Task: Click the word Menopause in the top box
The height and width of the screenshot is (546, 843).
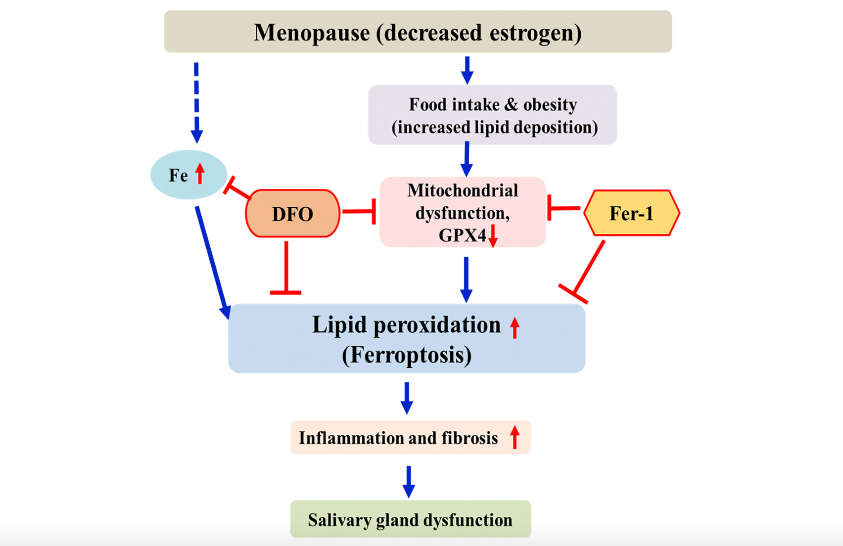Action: pos(312,33)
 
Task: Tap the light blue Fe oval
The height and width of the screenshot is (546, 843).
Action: pos(188,175)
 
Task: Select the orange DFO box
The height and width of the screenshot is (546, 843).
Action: pos(293,213)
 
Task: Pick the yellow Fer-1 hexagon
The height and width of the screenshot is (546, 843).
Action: pos(632,213)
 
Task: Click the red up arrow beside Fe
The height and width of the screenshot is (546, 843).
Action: pos(200,174)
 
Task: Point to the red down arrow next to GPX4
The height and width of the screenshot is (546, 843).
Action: pos(493,236)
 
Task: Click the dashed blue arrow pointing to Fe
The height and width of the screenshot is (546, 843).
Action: pos(196,103)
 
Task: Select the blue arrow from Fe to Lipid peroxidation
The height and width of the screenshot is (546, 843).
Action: pos(213,263)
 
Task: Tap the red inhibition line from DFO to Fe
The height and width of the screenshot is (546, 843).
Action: pos(237,188)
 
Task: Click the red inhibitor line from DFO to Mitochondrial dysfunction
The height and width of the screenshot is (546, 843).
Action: pos(359,212)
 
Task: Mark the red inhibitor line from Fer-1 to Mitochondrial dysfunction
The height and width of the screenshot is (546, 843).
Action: pos(563,207)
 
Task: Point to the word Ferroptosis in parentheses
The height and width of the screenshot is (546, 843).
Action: pos(407,355)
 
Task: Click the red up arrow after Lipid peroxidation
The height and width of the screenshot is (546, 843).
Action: pos(515,328)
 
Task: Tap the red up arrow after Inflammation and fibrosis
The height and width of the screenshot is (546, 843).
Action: pos(515,437)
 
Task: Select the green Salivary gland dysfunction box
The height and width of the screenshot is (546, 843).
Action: pos(411,519)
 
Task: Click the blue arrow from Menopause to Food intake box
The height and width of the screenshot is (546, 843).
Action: pos(467,70)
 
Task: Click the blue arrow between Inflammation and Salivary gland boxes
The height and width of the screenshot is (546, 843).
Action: pos(409,482)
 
